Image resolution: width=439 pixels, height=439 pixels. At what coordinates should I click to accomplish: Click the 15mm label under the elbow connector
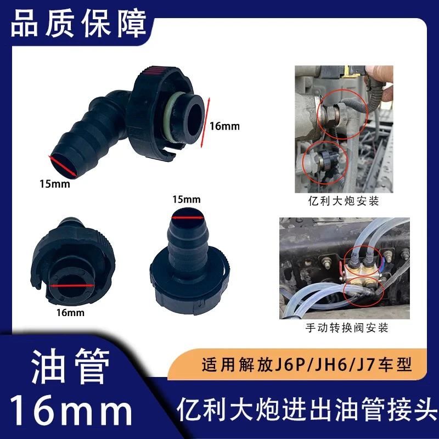(x=55, y=184)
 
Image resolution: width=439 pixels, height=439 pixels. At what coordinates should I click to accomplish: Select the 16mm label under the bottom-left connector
(x=70, y=313)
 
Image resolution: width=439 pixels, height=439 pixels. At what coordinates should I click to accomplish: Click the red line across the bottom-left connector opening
(x=70, y=286)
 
